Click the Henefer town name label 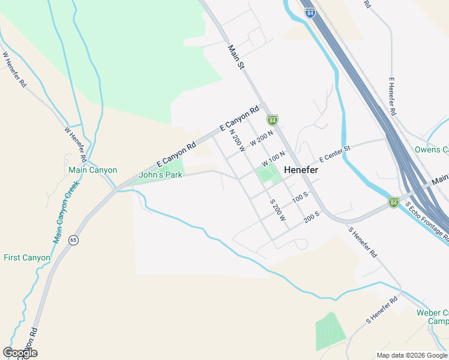click(301, 170)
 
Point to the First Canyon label click(27, 257)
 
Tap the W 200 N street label click(262, 138)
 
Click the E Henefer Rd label click(392, 97)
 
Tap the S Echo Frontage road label click(427, 221)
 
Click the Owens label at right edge click(432, 149)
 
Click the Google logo click(20, 353)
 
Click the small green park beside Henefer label click(267, 175)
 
